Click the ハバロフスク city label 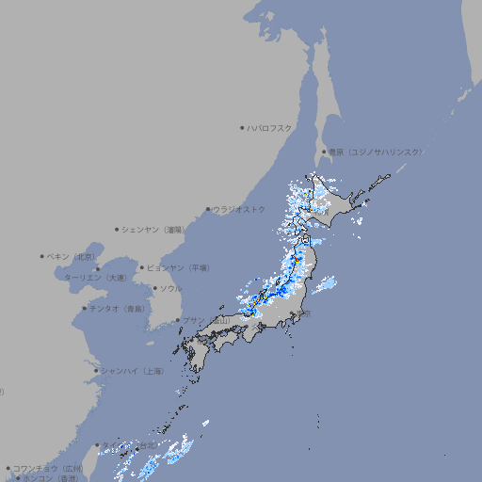tap(271, 127)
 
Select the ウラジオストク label tap(240, 209)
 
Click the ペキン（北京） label tap(72, 256)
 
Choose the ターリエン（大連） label tap(94, 278)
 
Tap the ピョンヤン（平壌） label tap(180, 267)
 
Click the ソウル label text tap(170, 288)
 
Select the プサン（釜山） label tap(206, 320)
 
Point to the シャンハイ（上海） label tap(132, 371)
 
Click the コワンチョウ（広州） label tap(48, 468)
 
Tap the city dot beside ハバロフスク tap(242, 127)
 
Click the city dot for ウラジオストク tap(208, 209)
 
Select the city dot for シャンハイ tap(96, 371)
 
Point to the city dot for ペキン tap(42, 256)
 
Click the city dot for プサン tap(177, 320)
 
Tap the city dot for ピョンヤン tap(142, 267)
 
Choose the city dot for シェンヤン tap(118, 229)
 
